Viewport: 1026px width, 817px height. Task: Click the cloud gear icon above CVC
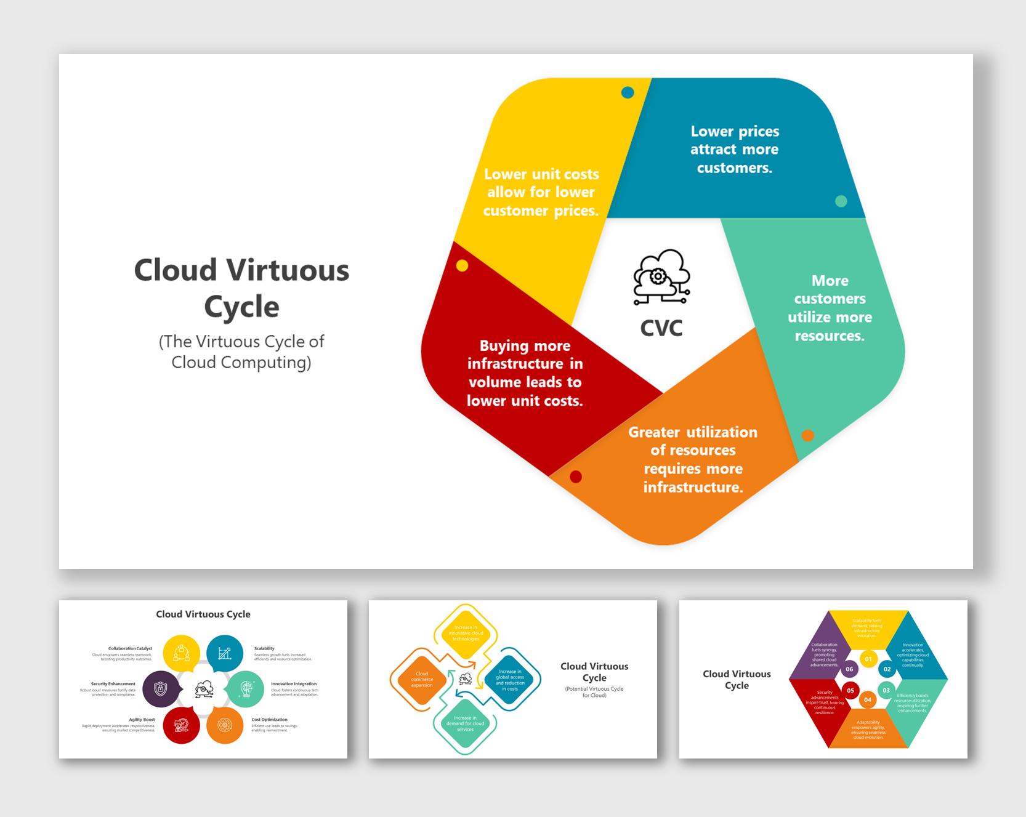click(661, 277)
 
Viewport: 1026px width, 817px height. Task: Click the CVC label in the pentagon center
click(661, 328)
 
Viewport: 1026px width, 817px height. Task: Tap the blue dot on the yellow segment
click(628, 93)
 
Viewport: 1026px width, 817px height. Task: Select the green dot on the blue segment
click(841, 201)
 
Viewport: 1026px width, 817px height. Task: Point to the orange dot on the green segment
click(807, 435)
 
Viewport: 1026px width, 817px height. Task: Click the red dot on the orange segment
click(576, 477)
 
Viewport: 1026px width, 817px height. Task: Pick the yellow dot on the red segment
click(462, 265)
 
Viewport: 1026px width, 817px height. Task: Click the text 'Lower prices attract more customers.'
click(734, 150)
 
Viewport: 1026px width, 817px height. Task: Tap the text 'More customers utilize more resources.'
click(830, 308)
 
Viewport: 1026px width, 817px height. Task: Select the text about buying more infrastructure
click(525, 373)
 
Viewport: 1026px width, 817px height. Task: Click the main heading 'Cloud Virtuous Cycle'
click(241, 288)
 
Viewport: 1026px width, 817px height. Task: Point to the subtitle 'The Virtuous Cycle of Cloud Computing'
click(241, 352)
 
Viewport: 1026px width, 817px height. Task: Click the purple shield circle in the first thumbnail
click(161, 689)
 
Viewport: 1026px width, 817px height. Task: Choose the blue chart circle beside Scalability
click(225, 653)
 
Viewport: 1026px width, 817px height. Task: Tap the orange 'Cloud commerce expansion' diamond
click(422, 680)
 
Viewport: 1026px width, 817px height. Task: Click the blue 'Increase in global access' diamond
click(510, 680)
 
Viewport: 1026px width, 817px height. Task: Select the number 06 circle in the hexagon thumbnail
click(849, 669)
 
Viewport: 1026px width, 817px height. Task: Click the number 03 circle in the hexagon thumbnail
click(886, 690)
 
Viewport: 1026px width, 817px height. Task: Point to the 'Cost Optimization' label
click(269, 719)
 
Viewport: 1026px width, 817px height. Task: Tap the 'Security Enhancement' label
click(113, 683)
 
